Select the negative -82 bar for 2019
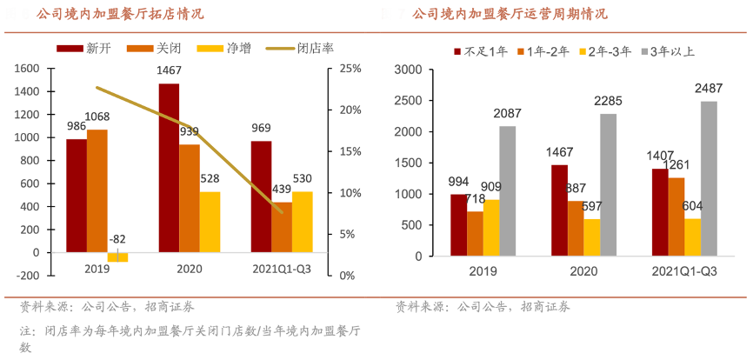coord(117,257)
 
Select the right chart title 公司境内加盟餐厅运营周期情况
coord(510,14)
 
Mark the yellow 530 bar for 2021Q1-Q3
coord(302,222)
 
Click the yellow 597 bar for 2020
coord(592,237)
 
